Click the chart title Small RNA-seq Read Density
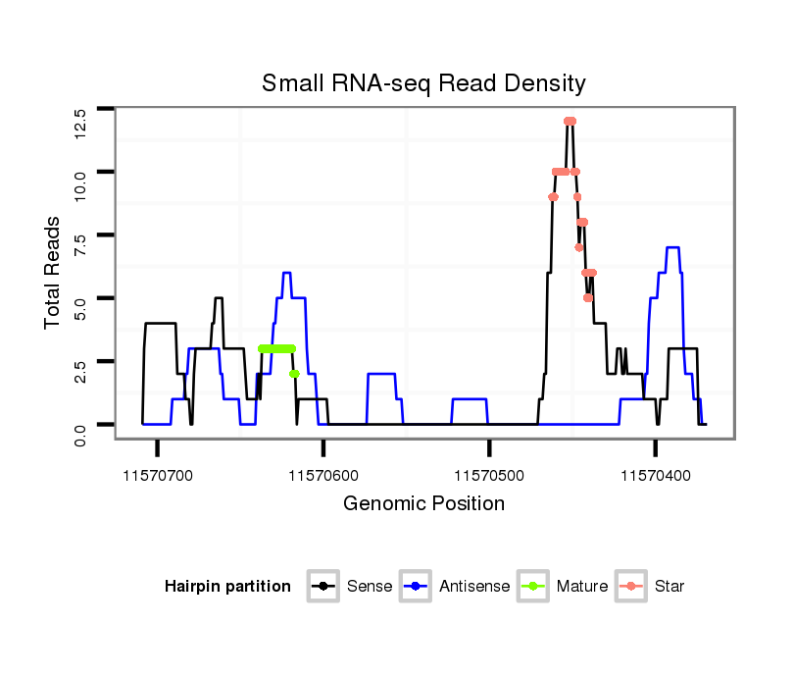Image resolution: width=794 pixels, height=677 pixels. (423, 83)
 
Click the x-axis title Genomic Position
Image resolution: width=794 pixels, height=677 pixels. (423, 504)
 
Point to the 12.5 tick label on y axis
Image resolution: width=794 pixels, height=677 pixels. (80, 123)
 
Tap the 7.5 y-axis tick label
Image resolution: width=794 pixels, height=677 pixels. (80, 248)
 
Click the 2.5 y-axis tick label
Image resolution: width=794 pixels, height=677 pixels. (80, 374)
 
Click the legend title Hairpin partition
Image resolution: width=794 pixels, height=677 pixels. (227, 587)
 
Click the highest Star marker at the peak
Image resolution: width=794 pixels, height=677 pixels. (570, 121)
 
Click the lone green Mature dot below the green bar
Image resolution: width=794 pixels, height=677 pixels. (294, 374)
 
